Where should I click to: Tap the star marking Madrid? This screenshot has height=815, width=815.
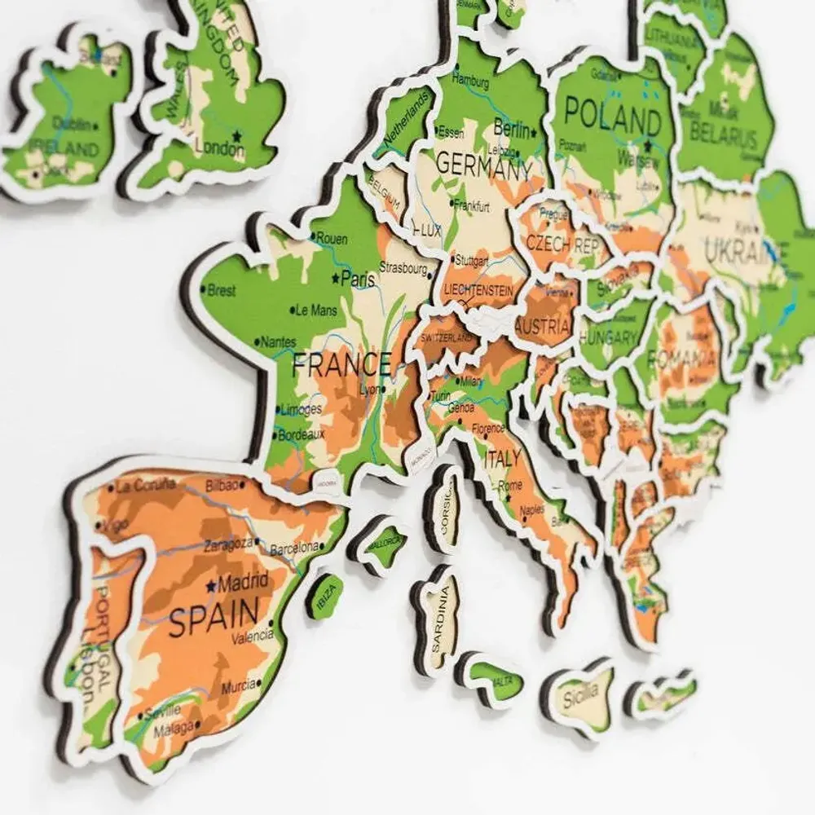click(x=212, y=585)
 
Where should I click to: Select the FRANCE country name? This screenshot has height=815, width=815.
click(x=341, y=364)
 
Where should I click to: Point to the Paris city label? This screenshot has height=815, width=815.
click(x=358, y=279)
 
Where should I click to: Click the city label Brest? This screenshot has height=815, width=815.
click(x=222, y=290)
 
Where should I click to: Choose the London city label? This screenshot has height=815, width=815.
click(x=219, y=149)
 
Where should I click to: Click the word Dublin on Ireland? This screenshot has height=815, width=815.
click(x=72, y=124)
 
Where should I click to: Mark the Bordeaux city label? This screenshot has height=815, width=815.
click(x=301, y=435)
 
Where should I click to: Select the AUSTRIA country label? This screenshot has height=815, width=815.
click(x=543, y=327)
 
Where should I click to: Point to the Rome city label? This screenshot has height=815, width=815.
click(x=510, y=486)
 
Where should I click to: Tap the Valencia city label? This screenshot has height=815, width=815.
click(x=253, y=638)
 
